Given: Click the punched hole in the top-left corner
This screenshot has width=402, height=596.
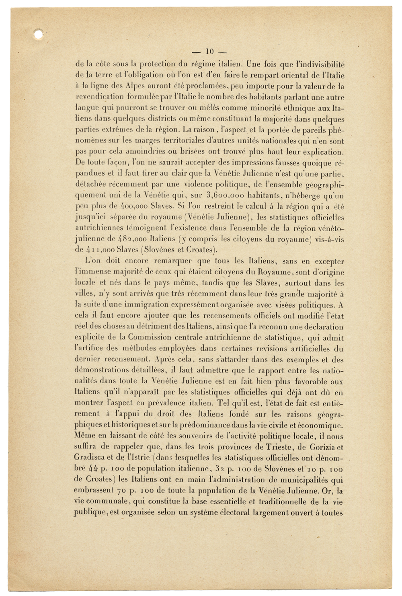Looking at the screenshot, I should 38,35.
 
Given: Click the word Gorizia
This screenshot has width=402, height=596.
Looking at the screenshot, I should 321,447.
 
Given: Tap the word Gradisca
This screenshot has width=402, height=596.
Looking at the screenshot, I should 90,458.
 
